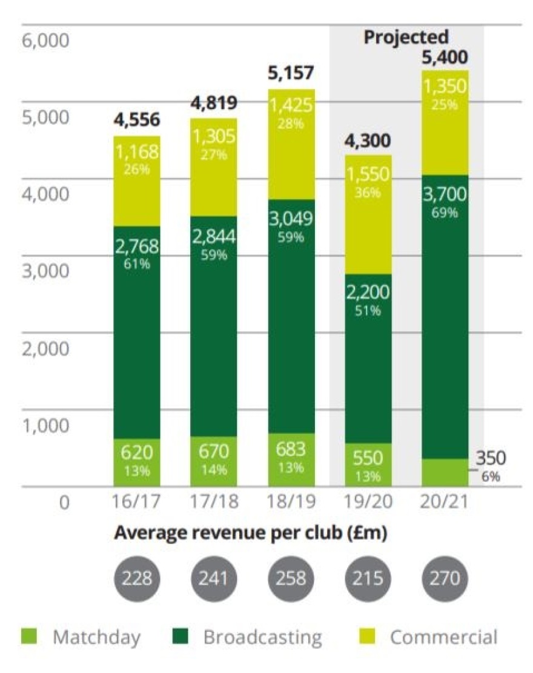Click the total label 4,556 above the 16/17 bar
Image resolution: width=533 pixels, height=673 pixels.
coord(137,120)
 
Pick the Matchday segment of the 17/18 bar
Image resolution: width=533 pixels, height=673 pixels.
coord(214,460)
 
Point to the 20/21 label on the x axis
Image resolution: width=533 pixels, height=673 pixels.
coord(445,503)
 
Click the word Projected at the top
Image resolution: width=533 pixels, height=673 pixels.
coord(406,37)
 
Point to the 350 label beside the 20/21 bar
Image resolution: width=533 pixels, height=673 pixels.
coord(489,458)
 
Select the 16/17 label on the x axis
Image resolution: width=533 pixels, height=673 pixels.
coord(137,503)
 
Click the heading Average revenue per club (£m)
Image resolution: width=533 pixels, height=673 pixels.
coord(251,533)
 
